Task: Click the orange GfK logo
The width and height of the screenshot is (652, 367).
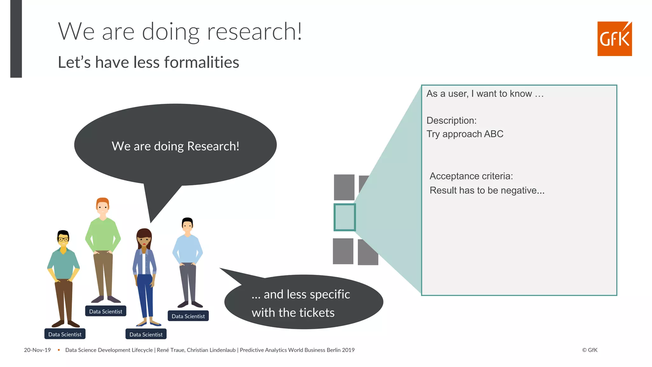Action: tap(614, 39)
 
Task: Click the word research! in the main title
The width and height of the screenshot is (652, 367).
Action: tap(254, 32)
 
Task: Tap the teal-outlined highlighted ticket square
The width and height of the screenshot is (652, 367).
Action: tap(344, 217)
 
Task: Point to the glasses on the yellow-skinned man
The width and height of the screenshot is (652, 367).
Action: tap(63, 239)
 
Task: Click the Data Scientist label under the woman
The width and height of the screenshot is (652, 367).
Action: tap(146, 334)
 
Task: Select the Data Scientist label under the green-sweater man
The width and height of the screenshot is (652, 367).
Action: tap(106, 311)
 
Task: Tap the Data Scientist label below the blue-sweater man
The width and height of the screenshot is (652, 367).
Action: tap(188, 316)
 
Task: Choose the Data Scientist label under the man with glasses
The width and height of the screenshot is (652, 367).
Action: tap(65, 334)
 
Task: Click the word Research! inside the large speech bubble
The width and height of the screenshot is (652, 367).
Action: tap(213, 146)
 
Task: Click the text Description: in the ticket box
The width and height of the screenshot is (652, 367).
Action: tap(451, 120)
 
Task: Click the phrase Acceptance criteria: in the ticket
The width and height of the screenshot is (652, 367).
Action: tap(471, 176)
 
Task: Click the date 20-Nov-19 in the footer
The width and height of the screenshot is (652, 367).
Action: tap(37, 350)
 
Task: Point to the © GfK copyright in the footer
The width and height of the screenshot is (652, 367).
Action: tap(590, 350)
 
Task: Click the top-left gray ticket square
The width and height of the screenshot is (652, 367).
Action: tap(344, 187)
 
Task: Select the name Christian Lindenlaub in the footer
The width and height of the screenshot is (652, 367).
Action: tap(211, 350)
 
